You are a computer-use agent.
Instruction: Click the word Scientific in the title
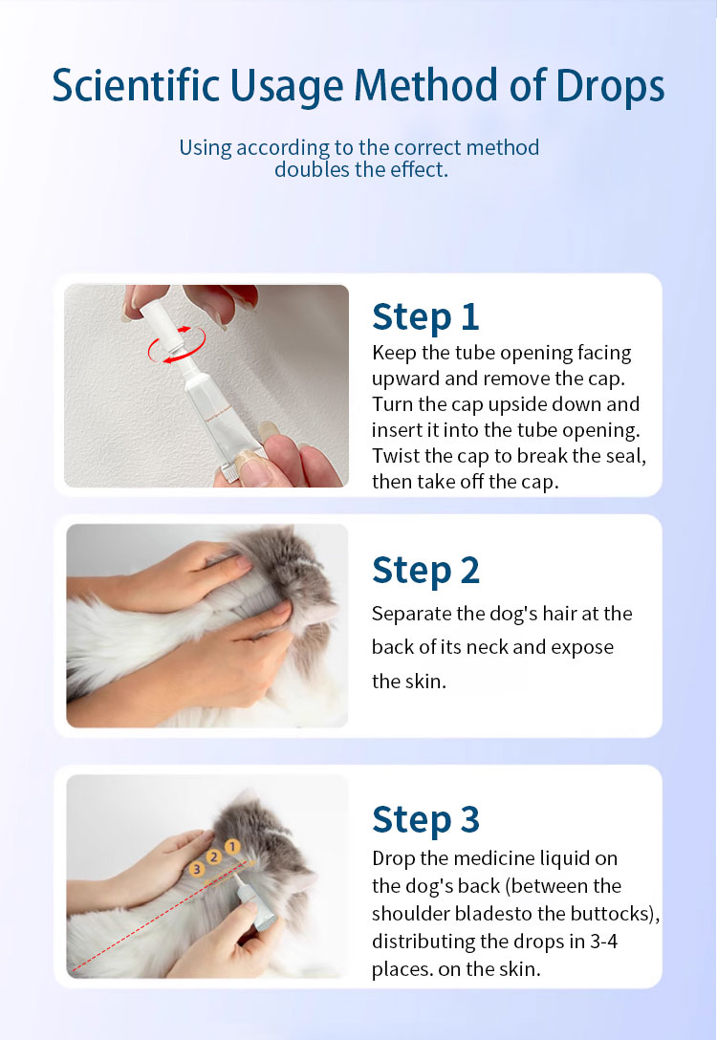pyautogui.click(x=136, y=86)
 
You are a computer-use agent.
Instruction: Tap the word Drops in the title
pyautogui.click(x=610, y=86)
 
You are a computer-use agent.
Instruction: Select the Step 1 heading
pyautogui.click(x=425, y=316)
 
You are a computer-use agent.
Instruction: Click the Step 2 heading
pyautogui.click(x=425, y=571)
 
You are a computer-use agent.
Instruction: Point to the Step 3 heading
pyautogui.click(x=425, y=820)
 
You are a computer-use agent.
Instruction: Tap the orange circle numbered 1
pyautogui.click(x=232, y=847)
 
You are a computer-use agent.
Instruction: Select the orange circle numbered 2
pyautogui.click(x=213, y=856)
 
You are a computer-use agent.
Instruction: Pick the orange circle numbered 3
pyautogui.click(x=196, y=869)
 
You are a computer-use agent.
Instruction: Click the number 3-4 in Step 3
pyautogui.click(x=603, y=942)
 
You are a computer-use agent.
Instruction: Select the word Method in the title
pyautogui.click(x=425, y=86)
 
